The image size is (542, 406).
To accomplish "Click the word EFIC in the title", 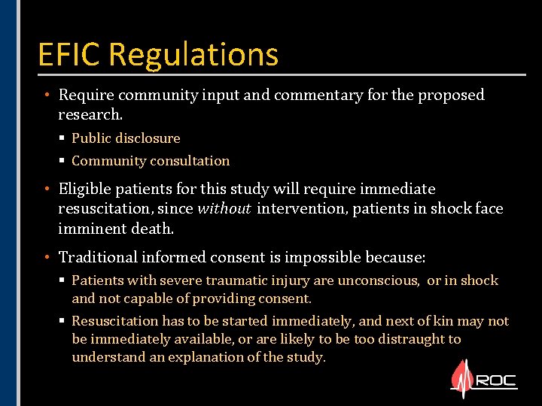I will [71, 55].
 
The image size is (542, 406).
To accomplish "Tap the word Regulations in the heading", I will [194, 55].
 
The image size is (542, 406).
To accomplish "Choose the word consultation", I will [190, 161].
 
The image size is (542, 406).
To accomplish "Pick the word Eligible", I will [86, 189].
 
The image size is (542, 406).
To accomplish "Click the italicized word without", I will [224, 208].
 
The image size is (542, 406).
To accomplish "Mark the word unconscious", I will [381, 280].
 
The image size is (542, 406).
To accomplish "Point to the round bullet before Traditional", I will [47, 258].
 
